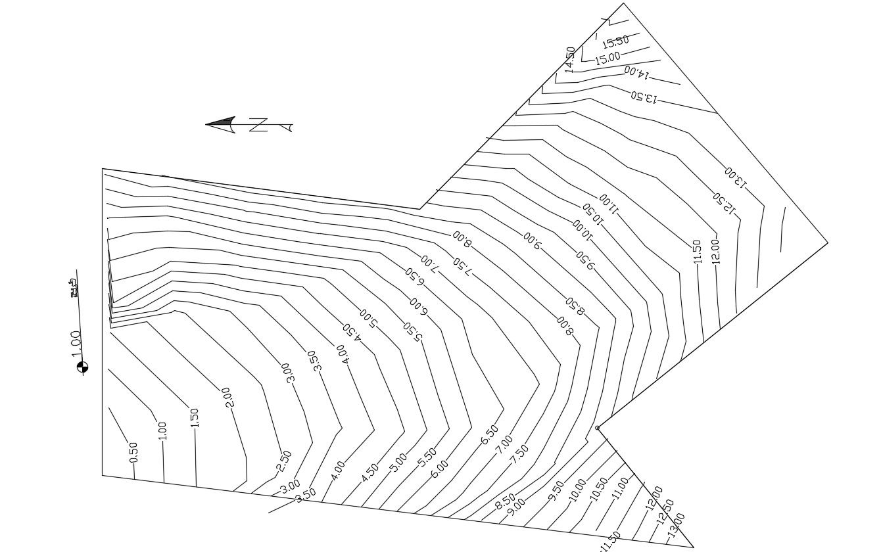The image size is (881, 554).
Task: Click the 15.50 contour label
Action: [615, 42]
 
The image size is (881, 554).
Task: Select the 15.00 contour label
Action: [607, 58]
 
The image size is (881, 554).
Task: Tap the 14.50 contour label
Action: [570, 59]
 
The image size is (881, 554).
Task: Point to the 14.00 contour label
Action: [636, 72]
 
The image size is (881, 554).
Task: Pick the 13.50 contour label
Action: [644, 97]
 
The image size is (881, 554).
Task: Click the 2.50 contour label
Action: [284, 461]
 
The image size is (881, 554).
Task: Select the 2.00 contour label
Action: [228, 397]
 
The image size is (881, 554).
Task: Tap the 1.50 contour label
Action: [195, 418]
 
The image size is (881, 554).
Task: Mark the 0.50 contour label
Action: [133, 451]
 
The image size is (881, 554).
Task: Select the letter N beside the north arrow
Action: [258, 125]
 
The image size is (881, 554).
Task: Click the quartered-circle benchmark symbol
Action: [82, 367]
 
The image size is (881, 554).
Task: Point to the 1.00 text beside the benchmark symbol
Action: [76, 344]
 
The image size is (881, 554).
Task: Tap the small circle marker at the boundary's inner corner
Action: [597, 428]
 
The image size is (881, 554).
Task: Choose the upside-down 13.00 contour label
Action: [736, 177]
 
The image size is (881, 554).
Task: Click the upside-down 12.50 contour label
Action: [724, 203]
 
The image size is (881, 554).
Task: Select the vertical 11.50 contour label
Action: [697, 251]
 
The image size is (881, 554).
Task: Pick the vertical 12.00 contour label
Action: [715, 250]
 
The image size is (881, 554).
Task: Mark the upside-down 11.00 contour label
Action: [609, 204]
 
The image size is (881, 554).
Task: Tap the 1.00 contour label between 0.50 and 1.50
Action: [163, 430]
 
